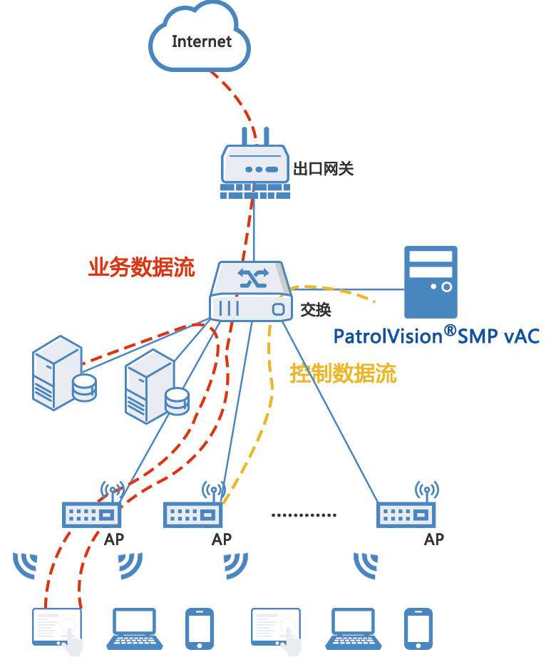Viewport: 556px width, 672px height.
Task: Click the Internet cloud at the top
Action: pyautogui.click(x=200, y=41)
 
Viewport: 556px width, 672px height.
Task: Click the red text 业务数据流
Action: pyautogui.click(x=141, y=268)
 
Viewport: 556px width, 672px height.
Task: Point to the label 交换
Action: pyautogui.click(x=315, y=310)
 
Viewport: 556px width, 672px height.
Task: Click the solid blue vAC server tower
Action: pyautogui.click(x=431, y=282)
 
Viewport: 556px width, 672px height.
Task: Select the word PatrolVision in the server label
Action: pyautogui.click(x=388, y=336)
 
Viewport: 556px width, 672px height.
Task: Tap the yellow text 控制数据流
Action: pyautogui.click(x=342, y=373)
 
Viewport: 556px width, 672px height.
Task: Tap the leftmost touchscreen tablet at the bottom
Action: pyautogui.click(x=58, y=627)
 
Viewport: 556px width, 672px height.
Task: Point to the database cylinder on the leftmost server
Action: pyautogui.click(x=84, y=386)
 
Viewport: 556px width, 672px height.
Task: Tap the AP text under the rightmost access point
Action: pyautogui.click(x=434, y=539)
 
